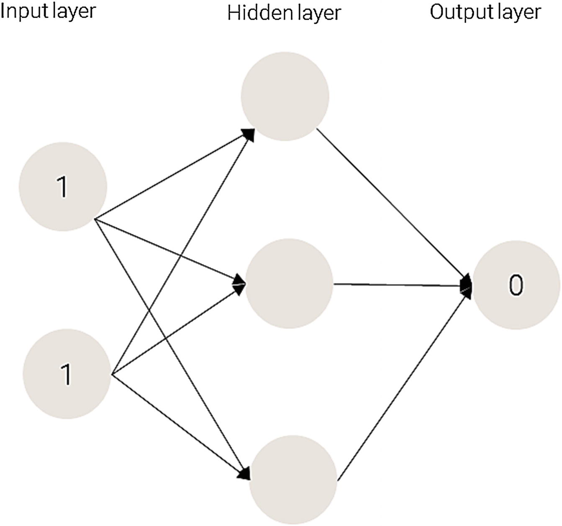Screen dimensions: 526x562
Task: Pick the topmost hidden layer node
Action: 285,96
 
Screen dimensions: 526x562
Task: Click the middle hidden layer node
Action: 289,283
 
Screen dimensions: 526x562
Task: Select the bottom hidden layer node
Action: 293,479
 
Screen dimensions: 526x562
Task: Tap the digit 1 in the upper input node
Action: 62,186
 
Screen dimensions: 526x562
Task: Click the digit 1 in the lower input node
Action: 67,374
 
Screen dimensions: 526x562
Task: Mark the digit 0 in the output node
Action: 516,286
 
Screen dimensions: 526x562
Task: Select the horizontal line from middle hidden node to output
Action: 398,285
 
